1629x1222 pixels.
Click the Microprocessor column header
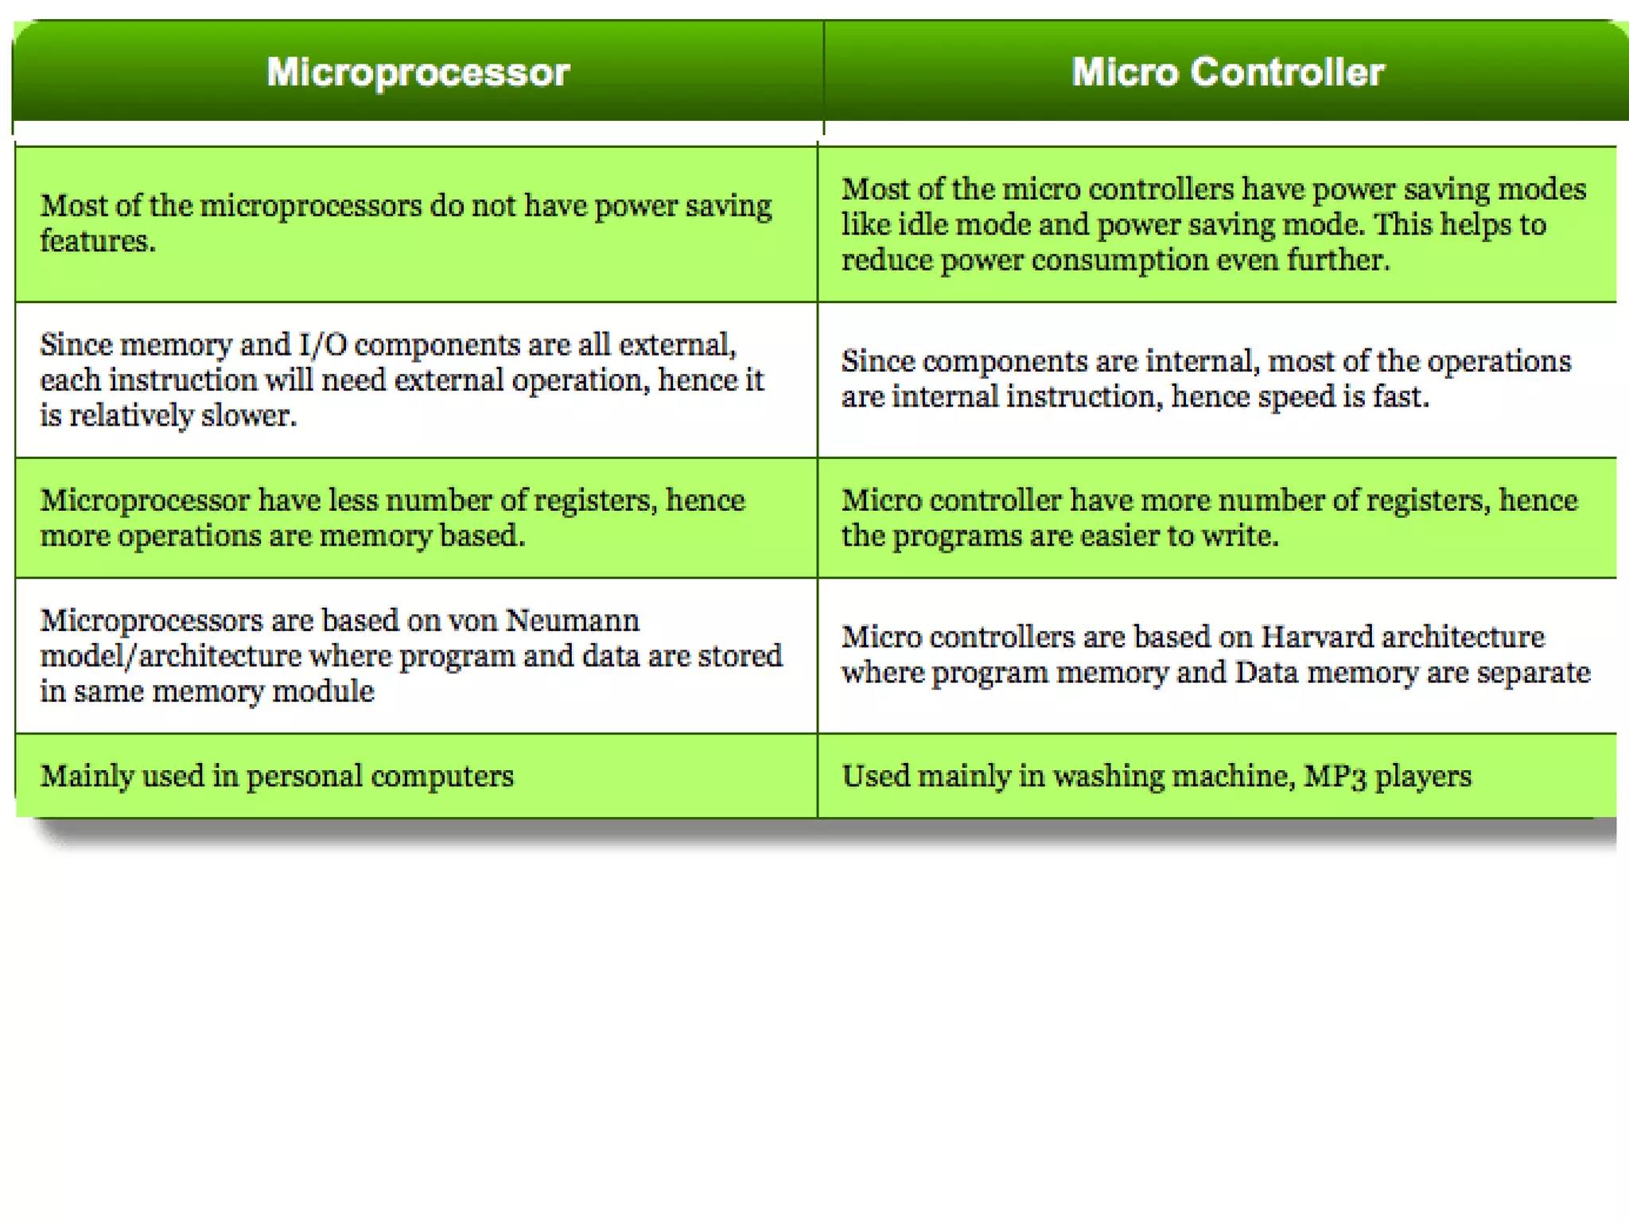[x=418, y=72]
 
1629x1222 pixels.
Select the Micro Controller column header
[x=1227, y=72]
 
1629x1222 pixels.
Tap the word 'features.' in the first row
[x=98, y=241]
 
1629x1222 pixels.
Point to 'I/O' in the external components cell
[x=322, y=345]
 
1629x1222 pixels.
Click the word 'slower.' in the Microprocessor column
[x=248, y=415]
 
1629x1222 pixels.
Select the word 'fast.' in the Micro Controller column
[x=1401, y=396]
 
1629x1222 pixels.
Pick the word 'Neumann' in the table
[x=572, y=621]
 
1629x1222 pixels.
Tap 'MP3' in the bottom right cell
[x=1335, y=776]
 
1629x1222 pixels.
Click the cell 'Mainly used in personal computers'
[x=277, y=776]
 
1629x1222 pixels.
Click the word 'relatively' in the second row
[x=131, y=415]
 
